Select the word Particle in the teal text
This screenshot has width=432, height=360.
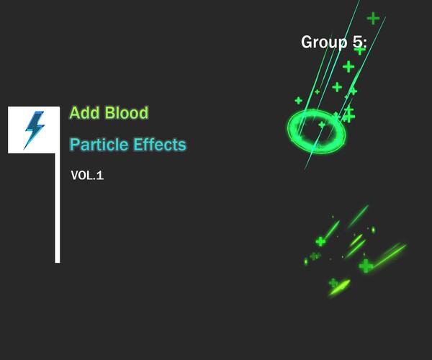[99, 145]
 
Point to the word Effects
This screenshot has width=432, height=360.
[160, 145]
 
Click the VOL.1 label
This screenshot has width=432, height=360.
[87, 175]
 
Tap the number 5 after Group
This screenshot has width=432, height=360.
[358, 42]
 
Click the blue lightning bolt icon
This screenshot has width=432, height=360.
[33, 130]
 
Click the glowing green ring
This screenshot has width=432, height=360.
[317, 130]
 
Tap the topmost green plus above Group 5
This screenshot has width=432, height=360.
[373, 18]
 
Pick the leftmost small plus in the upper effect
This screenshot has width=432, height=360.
[298, 100]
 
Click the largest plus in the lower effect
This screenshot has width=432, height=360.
[366, 266]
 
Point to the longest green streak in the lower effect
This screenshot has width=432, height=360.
[390, 255]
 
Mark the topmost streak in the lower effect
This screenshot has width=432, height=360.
[358, 215]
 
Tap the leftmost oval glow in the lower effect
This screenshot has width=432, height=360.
[306, 261]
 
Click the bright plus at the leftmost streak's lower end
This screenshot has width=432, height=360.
[320, 241]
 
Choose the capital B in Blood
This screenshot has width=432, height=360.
[110, 113]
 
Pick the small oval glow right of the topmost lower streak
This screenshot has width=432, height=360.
[373, 230]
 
